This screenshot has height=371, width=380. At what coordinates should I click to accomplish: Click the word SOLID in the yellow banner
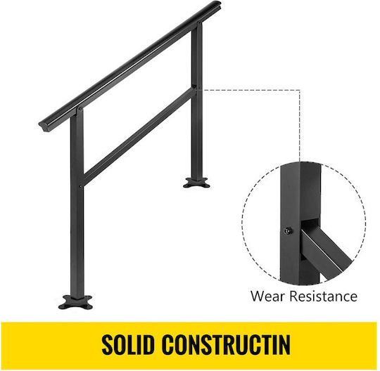coord(128,344)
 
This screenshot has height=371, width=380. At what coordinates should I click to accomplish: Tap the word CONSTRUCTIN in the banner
coord(226,344)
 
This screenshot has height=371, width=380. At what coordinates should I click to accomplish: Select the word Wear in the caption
coord(268,296)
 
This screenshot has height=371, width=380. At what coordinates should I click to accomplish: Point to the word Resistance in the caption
coord(324,296)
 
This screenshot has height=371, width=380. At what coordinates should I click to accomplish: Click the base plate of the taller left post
coord(75,302)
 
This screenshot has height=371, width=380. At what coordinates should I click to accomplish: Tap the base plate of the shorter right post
coord(196,183)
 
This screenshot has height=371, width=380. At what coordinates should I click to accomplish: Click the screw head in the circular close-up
coord(288,231)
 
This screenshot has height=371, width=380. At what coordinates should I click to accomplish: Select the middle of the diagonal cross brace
coord(138,136)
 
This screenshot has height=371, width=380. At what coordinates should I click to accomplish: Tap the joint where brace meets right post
coord(196,89)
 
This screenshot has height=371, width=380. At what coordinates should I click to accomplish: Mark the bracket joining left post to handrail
coord(80,110)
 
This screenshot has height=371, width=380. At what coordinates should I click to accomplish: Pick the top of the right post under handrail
coord(199,25)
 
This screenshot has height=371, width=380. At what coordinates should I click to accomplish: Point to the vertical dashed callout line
coord(300,126)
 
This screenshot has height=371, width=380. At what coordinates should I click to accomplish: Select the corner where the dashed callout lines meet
coord(300,90)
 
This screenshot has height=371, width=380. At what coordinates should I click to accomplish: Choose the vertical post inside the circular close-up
coord(300,223)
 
